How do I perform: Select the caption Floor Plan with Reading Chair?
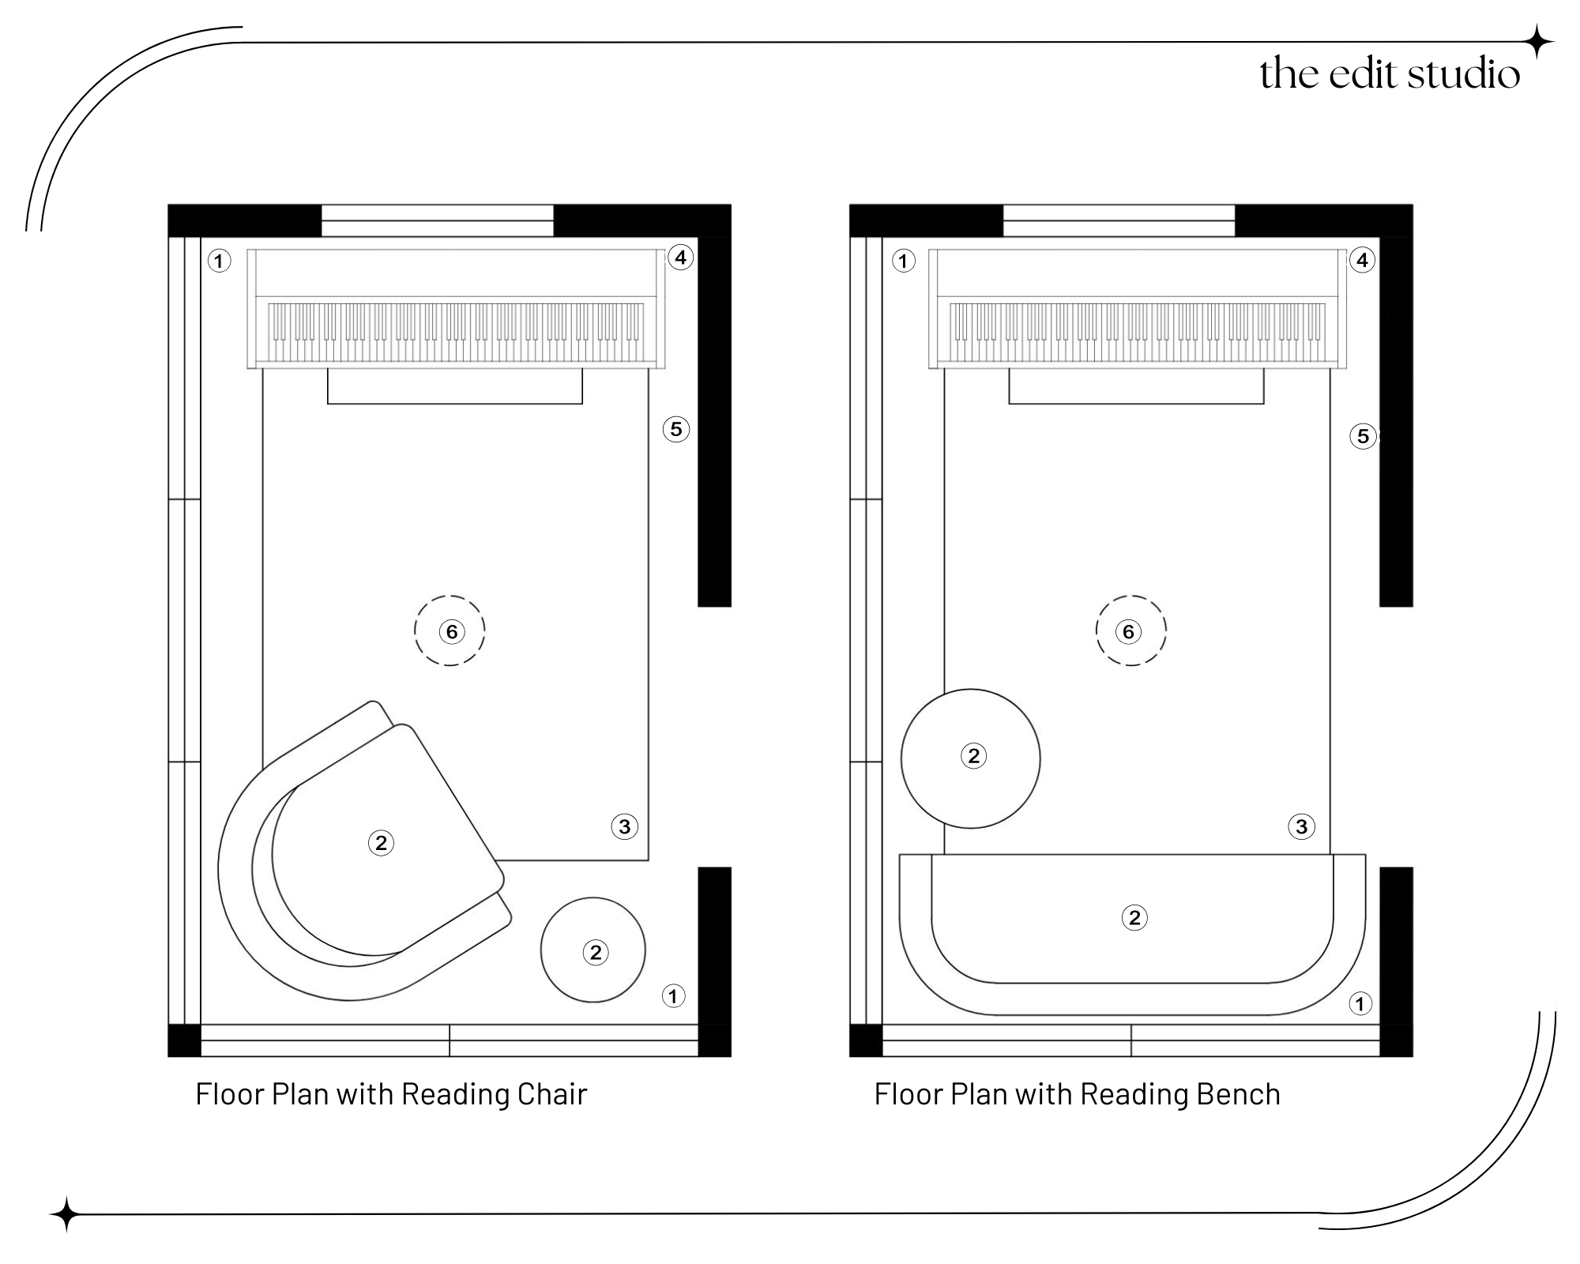391,1094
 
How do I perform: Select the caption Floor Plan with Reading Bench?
1077,1094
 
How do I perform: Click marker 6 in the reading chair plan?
451,631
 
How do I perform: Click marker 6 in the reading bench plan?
1128,631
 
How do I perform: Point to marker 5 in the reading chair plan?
675,429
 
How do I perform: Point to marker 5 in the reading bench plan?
1363,436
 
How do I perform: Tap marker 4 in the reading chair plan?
680,257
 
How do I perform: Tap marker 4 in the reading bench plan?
1362,260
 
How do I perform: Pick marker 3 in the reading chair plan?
624,827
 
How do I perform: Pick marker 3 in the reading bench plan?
1301,827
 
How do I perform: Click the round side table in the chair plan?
592,950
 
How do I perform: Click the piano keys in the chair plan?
456,332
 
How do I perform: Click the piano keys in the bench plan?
1138,332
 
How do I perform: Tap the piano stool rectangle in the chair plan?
455,386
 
